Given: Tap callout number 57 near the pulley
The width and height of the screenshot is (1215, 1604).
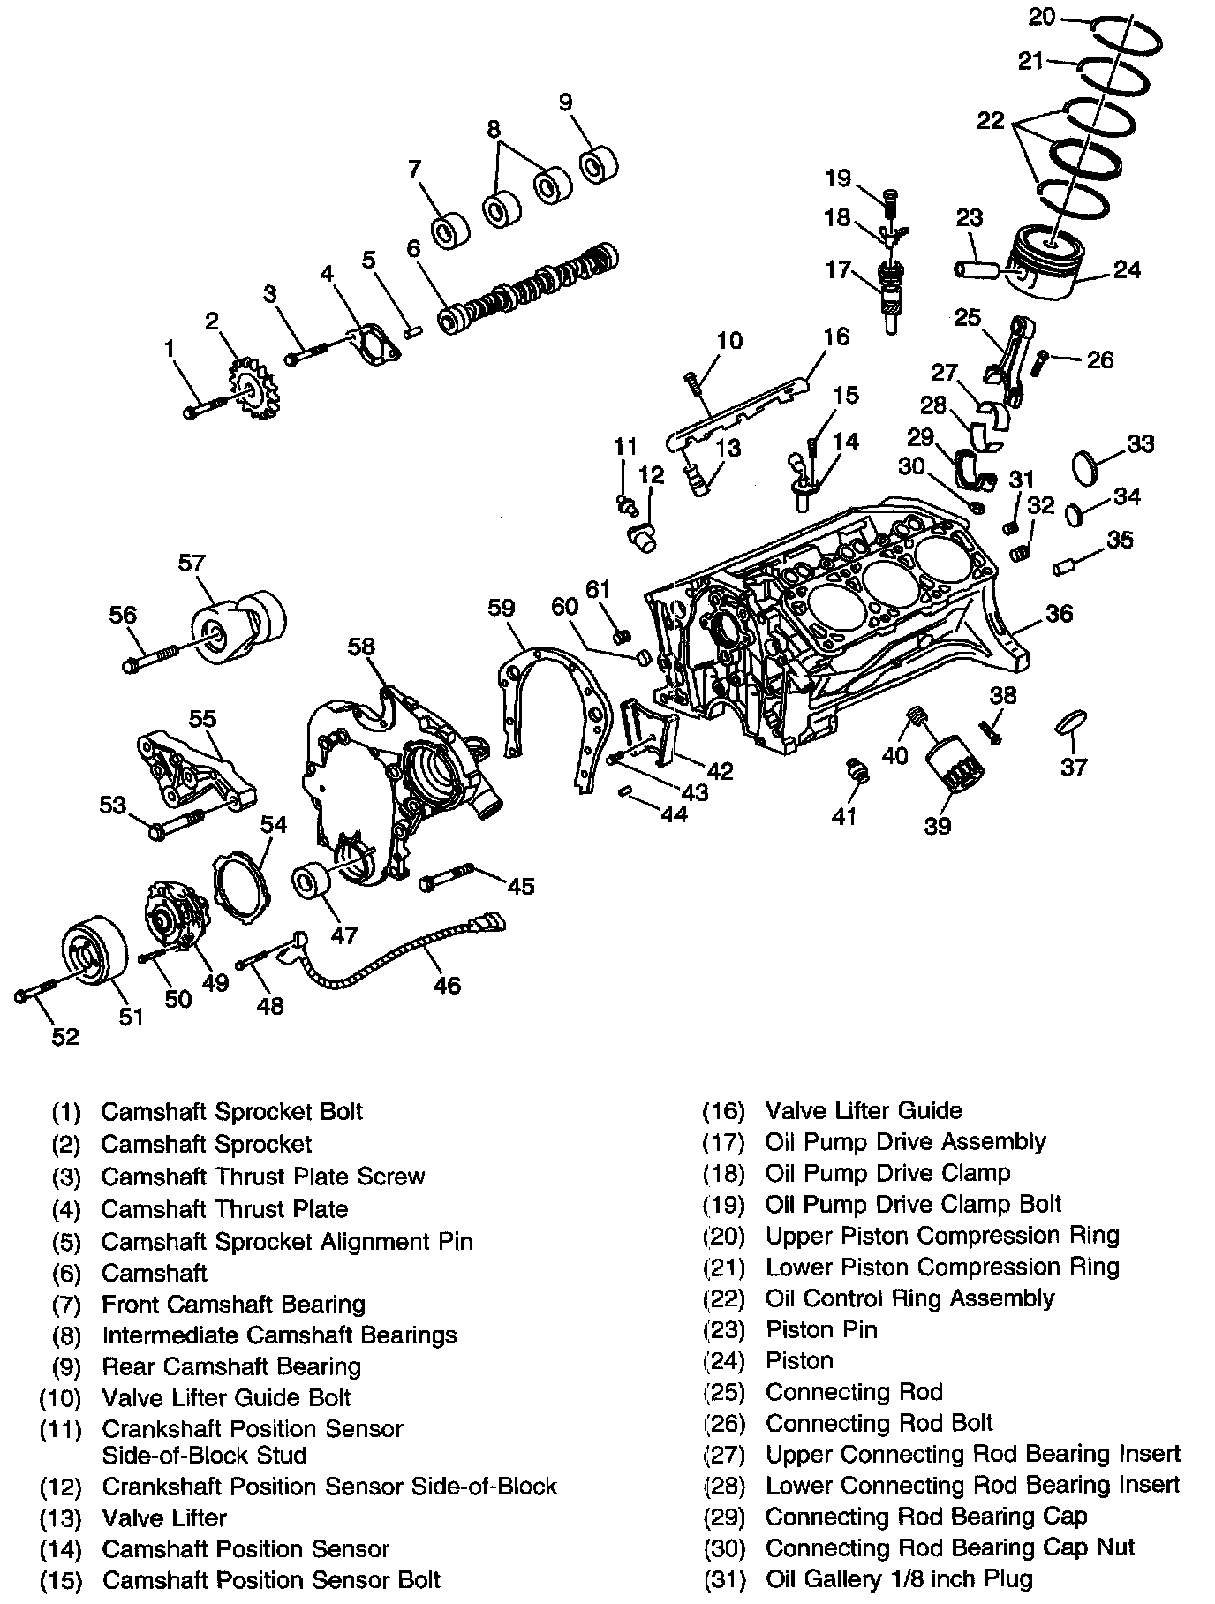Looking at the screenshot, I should click(192, 563).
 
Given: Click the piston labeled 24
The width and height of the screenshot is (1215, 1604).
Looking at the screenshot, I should click(1045, 266).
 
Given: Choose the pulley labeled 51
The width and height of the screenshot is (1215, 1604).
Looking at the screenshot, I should click(92, 951).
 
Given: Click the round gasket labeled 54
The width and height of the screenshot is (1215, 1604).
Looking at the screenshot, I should click(243, 887).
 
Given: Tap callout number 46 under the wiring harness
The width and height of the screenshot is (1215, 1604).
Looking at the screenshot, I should click(448, 985).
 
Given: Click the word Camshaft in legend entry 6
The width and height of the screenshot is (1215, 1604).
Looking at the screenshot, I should click(155, 1273).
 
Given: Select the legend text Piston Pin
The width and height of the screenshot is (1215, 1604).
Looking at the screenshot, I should click(821, 1329).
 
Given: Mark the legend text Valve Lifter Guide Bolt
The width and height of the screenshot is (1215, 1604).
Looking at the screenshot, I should click(226, 1398).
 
